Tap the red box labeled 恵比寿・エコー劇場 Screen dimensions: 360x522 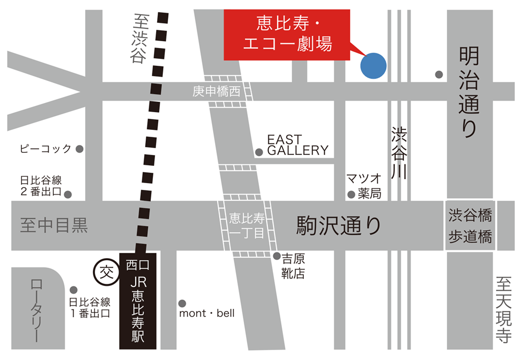click(287, 34)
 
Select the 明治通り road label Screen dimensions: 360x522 click(468, 92)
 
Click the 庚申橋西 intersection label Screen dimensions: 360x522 click(216, 92)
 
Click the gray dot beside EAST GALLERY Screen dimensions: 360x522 click(259, 152)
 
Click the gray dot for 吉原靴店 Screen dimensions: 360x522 click(277, 256)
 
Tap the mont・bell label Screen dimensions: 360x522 click(207, 314)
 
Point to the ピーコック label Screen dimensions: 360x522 click(45, 149)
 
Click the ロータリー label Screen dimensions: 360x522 click(37, 310)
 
